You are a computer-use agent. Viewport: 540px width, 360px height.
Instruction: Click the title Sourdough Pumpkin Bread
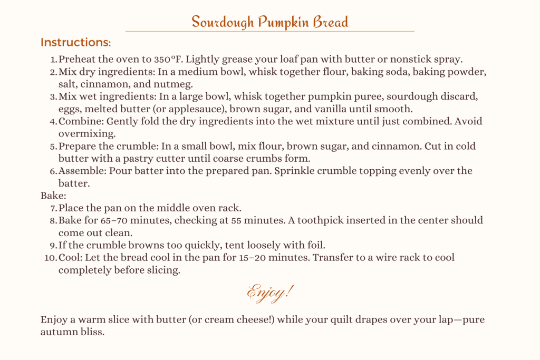(x=269, y=22)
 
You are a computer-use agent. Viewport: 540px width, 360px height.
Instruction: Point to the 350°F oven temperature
(x=172, y=59)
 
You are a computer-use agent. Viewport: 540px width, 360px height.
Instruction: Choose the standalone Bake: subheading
(x=51, y=196)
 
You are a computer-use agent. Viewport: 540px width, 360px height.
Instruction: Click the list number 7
(x=53, y=208)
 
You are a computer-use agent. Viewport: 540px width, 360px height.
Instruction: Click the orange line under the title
(x=269, y=32)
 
